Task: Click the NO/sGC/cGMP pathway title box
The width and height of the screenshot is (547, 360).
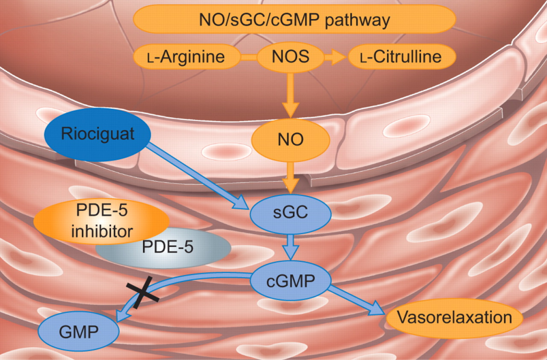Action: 294,20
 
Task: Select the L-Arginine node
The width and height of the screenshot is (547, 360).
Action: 186,57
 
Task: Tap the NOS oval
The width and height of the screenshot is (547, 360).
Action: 291,57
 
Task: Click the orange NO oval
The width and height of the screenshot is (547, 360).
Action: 291,140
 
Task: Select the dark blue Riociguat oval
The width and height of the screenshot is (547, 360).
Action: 97,134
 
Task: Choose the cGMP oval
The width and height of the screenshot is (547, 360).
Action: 291,280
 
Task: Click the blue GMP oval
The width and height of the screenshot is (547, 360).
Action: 78,331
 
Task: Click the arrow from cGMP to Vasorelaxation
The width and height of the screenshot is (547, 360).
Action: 357,302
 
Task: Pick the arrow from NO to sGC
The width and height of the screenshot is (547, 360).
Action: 291,176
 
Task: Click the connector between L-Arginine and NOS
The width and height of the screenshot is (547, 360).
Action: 248,57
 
